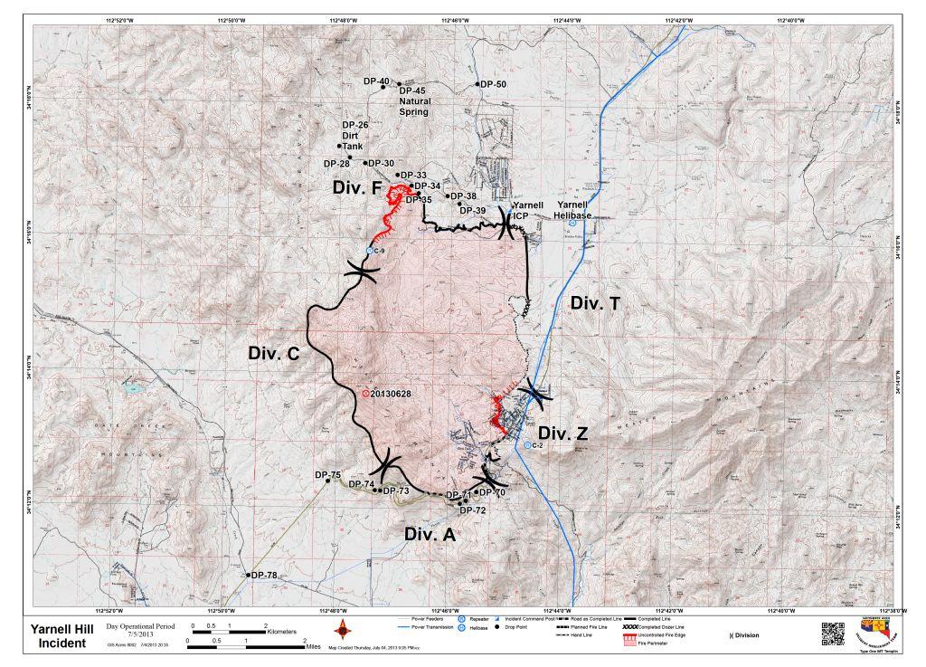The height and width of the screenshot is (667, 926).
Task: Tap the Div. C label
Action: point(274,354)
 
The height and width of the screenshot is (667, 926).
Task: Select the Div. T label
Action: point(595,304)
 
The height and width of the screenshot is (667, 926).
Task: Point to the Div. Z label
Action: point(563,434)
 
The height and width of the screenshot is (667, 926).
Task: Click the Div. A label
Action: point(430,534)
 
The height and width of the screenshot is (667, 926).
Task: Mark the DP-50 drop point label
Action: point(493,84)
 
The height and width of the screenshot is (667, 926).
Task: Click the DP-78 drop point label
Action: point(264,576)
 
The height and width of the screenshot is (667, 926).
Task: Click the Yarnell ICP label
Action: point(526,211)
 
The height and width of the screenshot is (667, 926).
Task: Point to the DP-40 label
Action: point(376,81)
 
